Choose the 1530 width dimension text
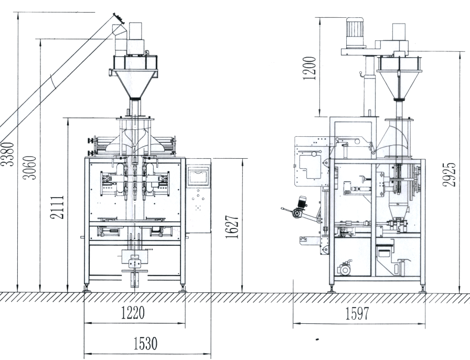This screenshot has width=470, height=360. pos(145,344)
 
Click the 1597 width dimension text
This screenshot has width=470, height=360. pos(357,314)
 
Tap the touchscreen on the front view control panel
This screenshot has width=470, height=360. pos(199,176)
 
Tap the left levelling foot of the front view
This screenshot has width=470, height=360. pos(87,287)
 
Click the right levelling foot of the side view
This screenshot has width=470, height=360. pos(423,288)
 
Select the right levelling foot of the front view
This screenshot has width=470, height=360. pos(183,287)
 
